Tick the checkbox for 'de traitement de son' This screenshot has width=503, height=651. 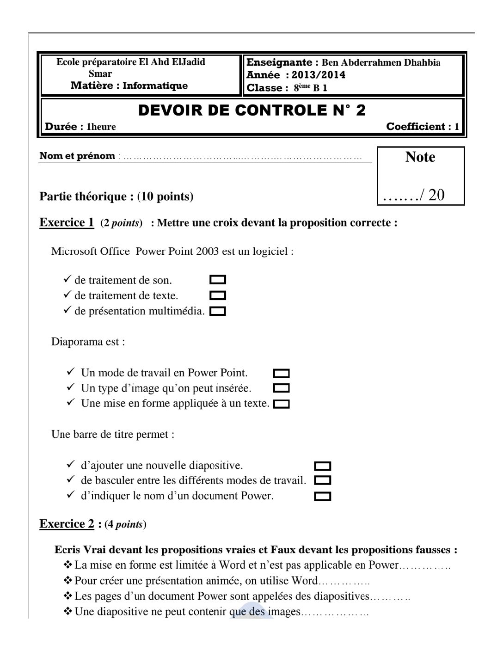tap(218, 280)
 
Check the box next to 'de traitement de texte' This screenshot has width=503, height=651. tap(218, 295)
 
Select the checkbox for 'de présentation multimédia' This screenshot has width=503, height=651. tap(218, 311)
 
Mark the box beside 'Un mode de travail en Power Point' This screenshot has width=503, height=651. tap(282, 373)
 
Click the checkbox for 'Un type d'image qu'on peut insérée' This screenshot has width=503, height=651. tap(282, 388)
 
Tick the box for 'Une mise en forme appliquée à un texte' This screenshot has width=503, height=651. tap(282, 404)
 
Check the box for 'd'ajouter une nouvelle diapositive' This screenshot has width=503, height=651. tap(322, 466)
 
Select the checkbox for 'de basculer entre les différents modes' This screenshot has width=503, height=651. tap(322, 480)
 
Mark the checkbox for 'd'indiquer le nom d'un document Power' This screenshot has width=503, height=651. tap(322, 496)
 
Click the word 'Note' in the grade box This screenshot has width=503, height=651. tap(420, 157)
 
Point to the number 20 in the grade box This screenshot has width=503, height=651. tap(436, 195)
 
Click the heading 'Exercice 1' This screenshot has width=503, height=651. tap(67, 222)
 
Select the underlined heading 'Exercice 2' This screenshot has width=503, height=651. tap(67, 524)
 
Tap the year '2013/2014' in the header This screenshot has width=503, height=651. tap(319, 75)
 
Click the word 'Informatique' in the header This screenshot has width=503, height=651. tap(155, 86)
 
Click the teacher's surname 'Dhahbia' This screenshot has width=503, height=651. tap(422, 62)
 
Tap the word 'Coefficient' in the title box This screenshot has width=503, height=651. tap(416, 127)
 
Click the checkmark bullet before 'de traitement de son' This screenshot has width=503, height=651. tap(67, 280)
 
